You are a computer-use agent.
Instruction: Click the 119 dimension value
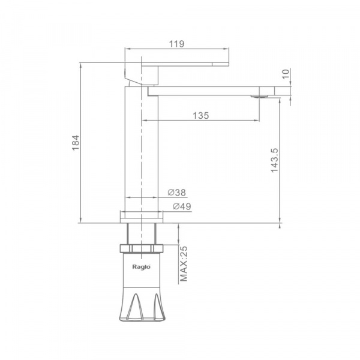(x=176, y=44)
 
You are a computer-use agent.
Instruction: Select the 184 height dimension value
(x=76, y=143)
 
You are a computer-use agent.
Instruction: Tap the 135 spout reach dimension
(x=201, y=115)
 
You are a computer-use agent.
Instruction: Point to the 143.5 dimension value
(x=274, y=160)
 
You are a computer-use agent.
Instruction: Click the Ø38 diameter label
(x=176, y=193)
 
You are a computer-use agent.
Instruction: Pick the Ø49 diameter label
(x=182, y=206)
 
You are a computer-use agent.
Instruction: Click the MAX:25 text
(x=184, y=264)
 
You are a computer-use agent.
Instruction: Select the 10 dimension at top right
(x=286, y=74)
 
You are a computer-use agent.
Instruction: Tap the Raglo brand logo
(x=142, y=267)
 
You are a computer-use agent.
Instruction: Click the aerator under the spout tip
(x=259, y=97)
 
